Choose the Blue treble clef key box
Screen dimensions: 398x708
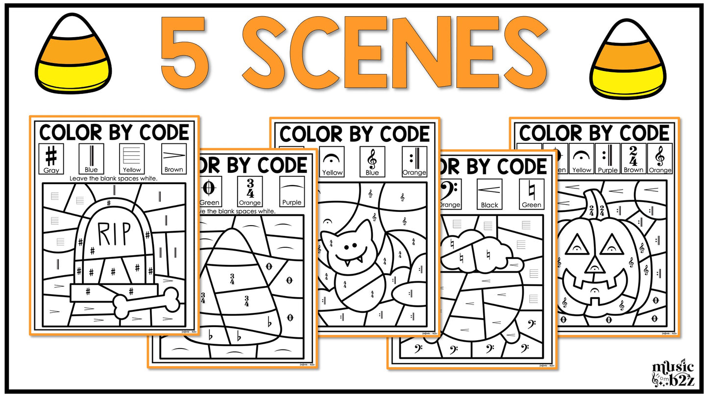tap(372, 161)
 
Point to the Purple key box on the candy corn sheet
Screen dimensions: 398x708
tap(292, 191)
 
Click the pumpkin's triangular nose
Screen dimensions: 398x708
tap(594, 265)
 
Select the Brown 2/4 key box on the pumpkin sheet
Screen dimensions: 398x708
tap(634, 159)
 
